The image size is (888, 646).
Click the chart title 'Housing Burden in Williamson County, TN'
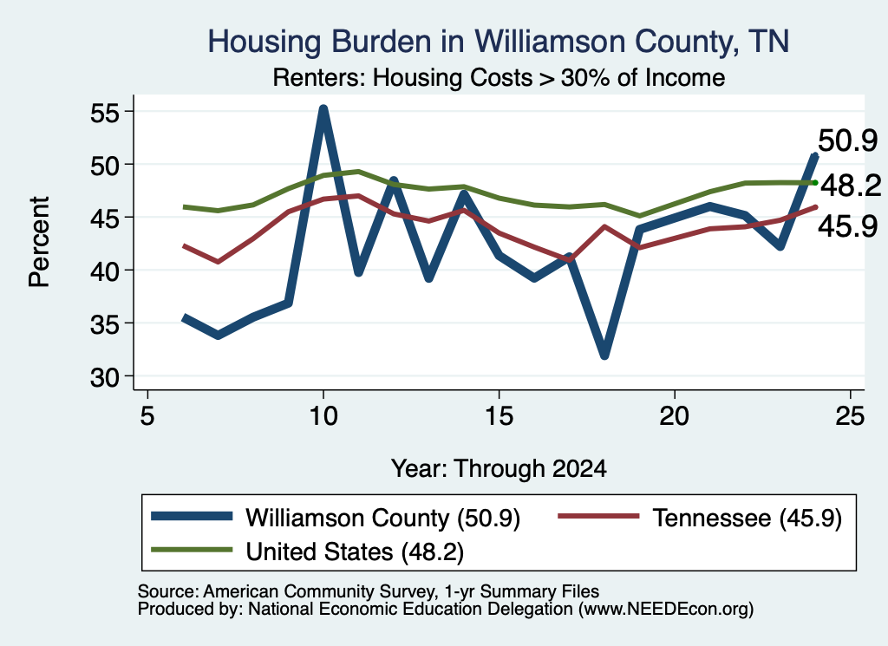click(499, 42)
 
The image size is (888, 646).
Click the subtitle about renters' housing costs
click(499, 77)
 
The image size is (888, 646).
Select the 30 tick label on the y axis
click(106, 377)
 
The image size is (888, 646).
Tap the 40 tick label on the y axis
click(106, 271)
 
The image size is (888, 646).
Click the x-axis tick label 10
click(323, 416)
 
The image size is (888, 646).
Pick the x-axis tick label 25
click(850, 416)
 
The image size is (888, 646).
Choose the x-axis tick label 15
click(499, 416)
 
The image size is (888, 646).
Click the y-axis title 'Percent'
click(39, 242)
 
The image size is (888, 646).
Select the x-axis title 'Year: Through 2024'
click(499, 469)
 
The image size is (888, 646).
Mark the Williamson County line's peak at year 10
click(323, 108)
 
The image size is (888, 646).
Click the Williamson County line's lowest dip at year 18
click(604, 355)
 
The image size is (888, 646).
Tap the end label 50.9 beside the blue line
click(848, 140)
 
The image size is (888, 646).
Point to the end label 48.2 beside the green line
click(851, 186)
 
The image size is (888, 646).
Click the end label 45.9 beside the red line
click(848, 226)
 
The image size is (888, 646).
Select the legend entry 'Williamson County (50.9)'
click(336, 517)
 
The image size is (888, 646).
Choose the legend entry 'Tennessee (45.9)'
click(701, 517)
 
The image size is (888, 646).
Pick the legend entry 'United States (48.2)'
click(308, 551)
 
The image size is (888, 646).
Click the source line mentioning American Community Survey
click(368, 591)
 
